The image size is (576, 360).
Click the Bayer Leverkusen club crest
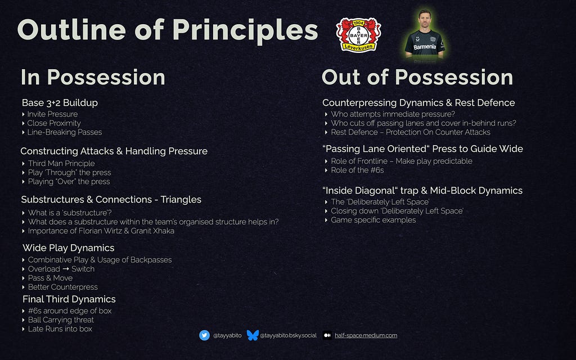click(358, 35)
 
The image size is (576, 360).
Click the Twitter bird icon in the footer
click(204, 335)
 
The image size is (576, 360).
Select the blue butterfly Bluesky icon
click(253, 335)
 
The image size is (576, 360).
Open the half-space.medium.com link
click(366, 335)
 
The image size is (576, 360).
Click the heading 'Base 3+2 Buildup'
click(60, 102)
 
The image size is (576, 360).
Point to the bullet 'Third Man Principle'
click(61, 164)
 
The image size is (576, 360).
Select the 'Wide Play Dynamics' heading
click(68, 248)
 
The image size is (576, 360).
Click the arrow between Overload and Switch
click(66, 269)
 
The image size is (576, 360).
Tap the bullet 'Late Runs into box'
click(60, 328)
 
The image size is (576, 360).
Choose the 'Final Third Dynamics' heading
click(69, 299)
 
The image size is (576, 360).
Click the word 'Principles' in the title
click(245, 31)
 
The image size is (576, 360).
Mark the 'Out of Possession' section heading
click(417, 77)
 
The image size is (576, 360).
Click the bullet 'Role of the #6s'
click(357, 170)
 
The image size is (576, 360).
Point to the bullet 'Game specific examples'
click(373, 220)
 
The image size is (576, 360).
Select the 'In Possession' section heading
click(93, 77)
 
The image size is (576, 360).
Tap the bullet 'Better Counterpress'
click(63, 287)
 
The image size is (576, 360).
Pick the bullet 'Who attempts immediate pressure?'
click(393, 114)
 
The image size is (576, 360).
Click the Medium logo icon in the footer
click(327, 335)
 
